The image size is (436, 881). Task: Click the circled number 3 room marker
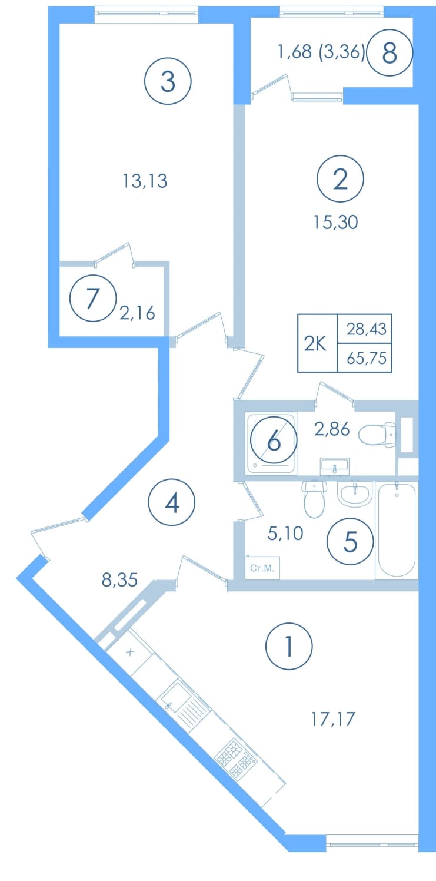pos(168,81)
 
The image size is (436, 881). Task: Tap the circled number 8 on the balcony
pos(390,52)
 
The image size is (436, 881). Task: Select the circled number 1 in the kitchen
pos(289,646)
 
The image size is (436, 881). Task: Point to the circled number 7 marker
pos(93,298)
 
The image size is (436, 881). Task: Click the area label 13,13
pos(145,181)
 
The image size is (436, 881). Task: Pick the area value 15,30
pos(335,223)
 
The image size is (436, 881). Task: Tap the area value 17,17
pos(333,719)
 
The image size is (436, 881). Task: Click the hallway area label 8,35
pos(119,579)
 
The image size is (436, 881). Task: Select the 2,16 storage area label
pos(137,313)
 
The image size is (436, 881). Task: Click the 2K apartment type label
pos(315,344)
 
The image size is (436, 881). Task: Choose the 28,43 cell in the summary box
pos(367,329)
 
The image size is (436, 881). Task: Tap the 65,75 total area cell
pos(367,358)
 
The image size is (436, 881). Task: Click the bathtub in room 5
pos(397,531)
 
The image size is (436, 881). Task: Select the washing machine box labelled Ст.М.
pos(262,568)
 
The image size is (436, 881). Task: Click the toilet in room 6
pos(378,434)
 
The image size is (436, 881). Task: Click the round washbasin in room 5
pos(355,494)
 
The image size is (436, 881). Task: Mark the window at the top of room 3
pos(147,14)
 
